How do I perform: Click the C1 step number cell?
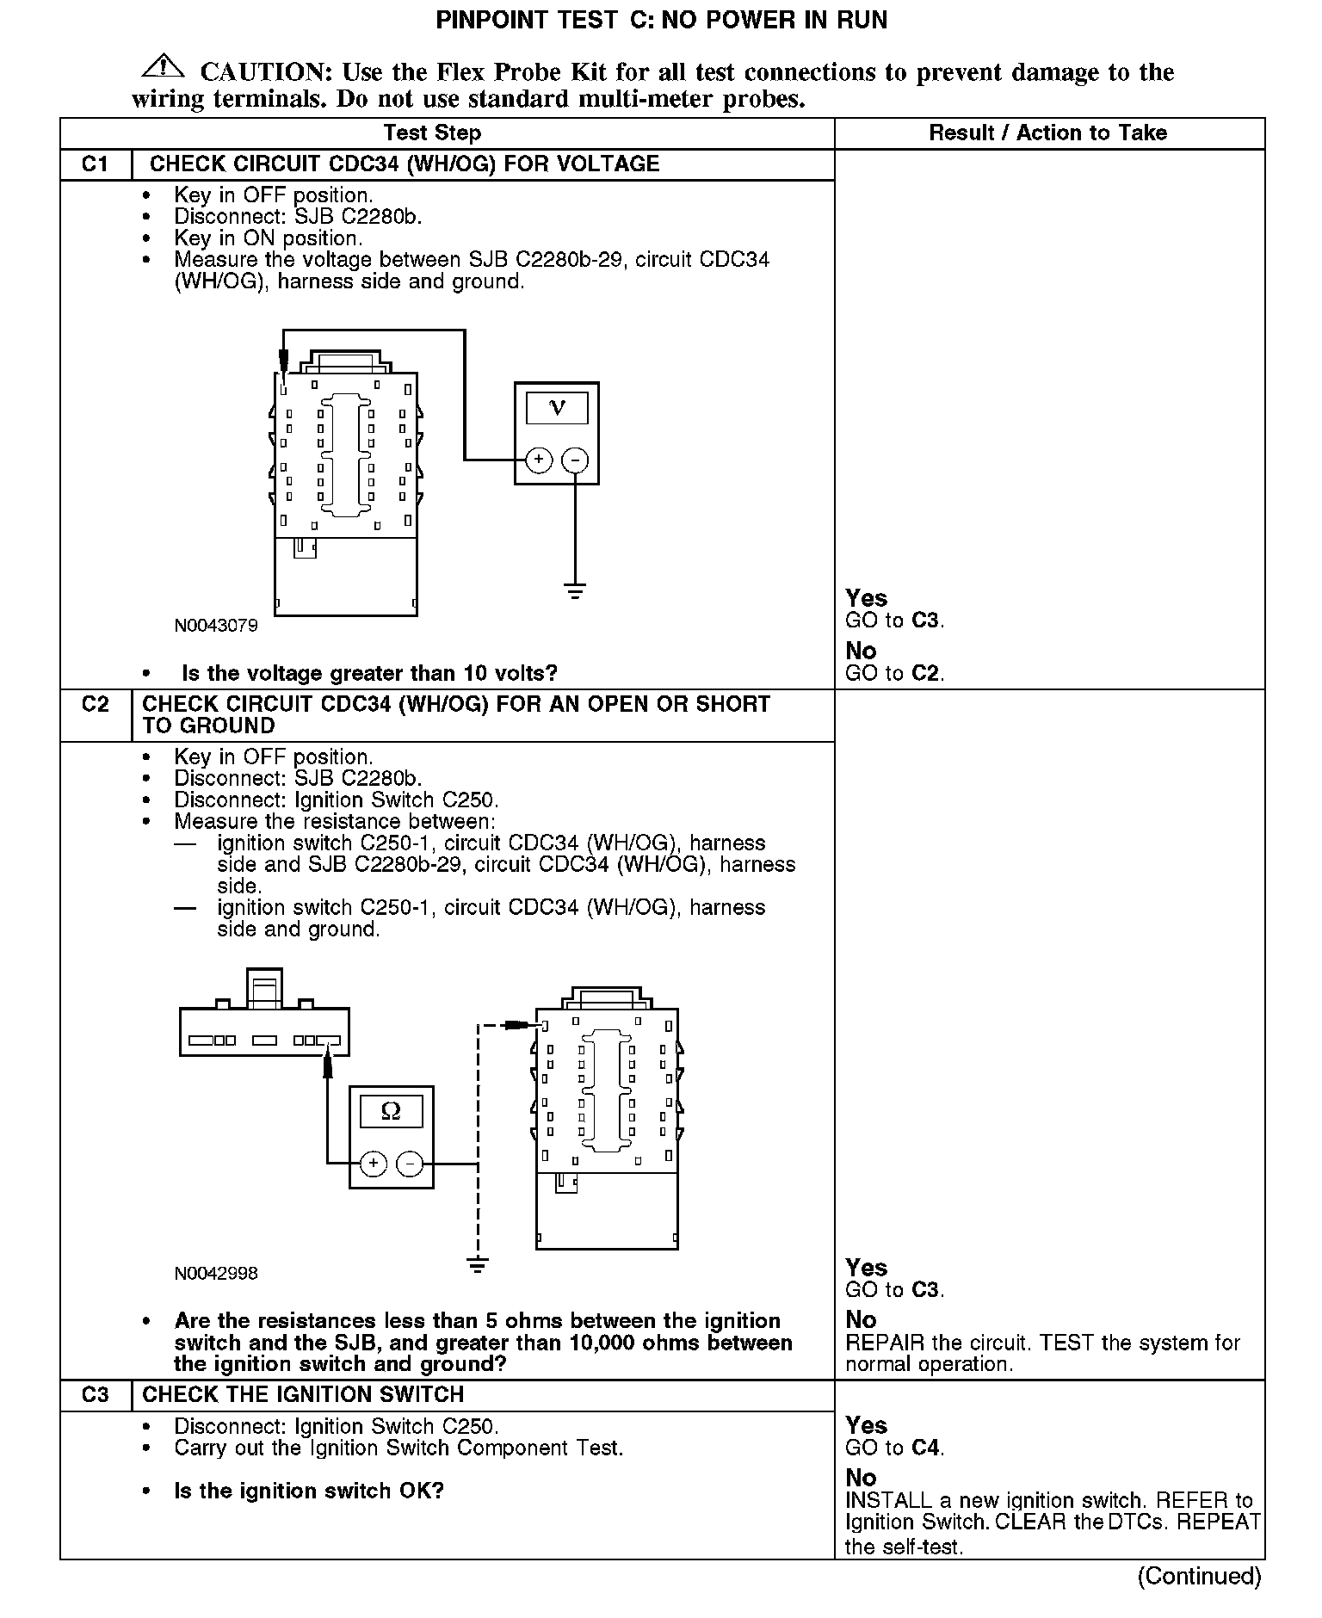95,164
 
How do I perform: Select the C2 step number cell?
95,705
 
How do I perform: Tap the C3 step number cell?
95,1395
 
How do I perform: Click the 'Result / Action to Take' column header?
1047,133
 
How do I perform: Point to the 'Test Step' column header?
432,133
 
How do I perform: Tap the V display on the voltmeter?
557,408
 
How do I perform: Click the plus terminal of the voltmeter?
539,460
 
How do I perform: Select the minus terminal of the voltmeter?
575,460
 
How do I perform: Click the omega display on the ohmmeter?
391,1112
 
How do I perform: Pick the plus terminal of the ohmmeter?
374,1164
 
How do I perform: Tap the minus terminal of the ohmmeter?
410,1164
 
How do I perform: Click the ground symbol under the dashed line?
479,1264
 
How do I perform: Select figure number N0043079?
216,626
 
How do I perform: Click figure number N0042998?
216,1273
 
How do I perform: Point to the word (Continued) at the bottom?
1199,1576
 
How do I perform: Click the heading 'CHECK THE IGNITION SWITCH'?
303,1395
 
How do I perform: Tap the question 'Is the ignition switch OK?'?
309,1491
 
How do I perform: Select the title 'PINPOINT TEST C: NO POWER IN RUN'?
661,21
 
